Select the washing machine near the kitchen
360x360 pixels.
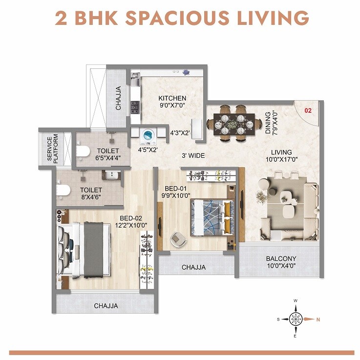coord(147,135)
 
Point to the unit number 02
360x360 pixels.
coord(308,110)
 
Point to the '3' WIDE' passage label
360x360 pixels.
coord(192,156)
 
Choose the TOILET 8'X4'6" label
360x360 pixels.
coord(91,193)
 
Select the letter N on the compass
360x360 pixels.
coord(318,320)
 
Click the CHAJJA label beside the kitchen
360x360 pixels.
coord(118,98)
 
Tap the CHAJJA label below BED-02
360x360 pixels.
coord(106,306)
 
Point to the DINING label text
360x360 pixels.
coord(268,122)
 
